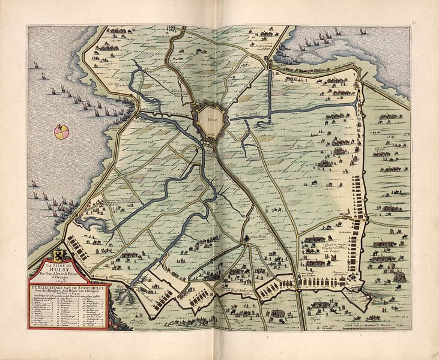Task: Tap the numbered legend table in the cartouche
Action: click(66, 309)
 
